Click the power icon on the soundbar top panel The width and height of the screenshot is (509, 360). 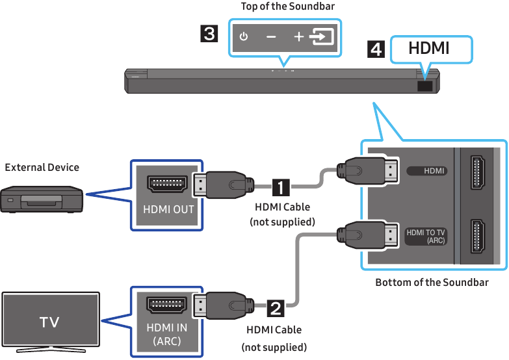click(x=244, y=37)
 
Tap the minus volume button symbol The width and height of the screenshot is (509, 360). click(x=270, y=37)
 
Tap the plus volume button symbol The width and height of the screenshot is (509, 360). click(x=298, y=37)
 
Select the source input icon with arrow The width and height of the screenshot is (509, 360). click(x=322, y=37)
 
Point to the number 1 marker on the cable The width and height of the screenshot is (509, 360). click(x=280, y=188)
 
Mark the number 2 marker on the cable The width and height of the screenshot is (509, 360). click(x=275, y=305)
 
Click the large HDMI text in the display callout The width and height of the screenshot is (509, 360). click(x=429, y=49)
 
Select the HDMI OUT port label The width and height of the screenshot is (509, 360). click(x=168, y=210)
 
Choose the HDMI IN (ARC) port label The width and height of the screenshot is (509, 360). click(x=168, y=335)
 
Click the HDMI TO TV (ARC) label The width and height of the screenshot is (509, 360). click(x=426, y=236)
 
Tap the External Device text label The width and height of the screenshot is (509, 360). click(x=42, y=167)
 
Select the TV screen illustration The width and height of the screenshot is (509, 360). click(x=51, y=321)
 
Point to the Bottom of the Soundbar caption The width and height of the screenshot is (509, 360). click(x=432, y=282)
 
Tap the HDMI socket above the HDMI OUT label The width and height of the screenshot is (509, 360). click(x=168, y=184)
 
